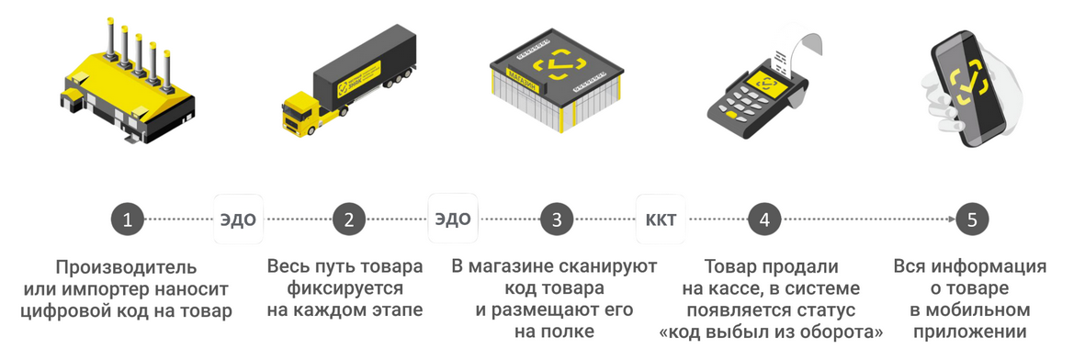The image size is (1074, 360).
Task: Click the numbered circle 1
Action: tap(128, 219)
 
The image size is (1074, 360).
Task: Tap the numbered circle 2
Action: tap(348, 219)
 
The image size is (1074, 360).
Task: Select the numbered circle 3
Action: tap(557, 219)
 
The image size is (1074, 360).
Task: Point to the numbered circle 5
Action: tap(972, 219)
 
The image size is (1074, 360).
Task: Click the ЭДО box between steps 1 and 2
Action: tap(238, 219)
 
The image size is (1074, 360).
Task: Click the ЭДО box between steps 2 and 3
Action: tap(452, 219)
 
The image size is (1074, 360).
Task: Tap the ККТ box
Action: tap(661, 219)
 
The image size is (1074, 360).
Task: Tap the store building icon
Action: tap(557, 78)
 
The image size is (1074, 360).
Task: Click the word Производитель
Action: tap(126, 267)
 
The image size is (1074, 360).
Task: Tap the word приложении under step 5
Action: tap(970, 332)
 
